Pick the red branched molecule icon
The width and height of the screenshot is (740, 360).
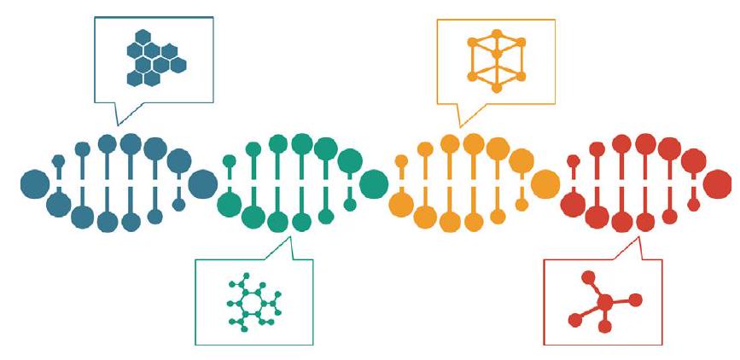point(602,301)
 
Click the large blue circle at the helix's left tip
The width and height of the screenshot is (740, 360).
point(35,183)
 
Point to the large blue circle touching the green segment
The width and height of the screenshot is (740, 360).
point(202,183)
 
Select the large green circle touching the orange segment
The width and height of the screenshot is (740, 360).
point(374,183)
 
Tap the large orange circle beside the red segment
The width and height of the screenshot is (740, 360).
point(545,183)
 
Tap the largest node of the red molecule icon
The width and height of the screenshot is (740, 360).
point(604,301)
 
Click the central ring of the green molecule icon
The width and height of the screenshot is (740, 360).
point(252,302)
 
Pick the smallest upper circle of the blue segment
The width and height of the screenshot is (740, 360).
point(58,160)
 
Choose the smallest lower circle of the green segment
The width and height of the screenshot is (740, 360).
point(349,206)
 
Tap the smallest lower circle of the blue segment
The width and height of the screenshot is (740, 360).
point(178,206)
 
